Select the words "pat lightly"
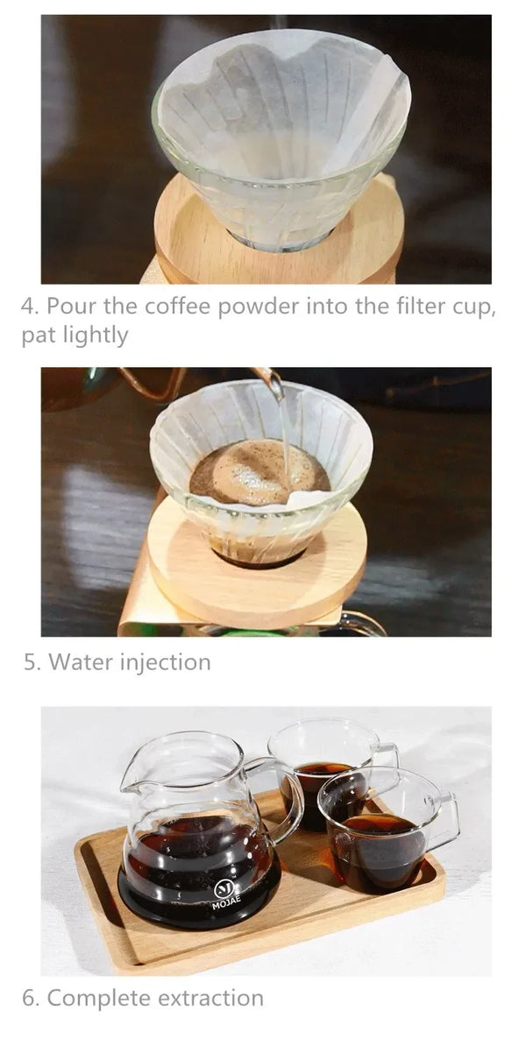(x=75, y=336)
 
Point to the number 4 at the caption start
(x=29, y=307)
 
